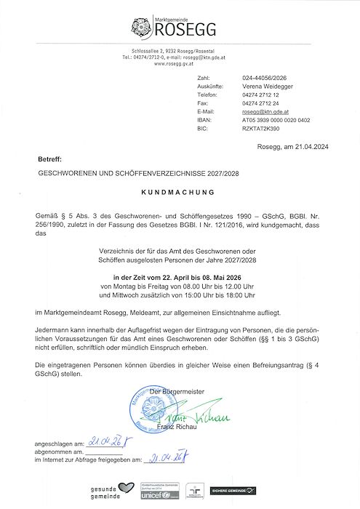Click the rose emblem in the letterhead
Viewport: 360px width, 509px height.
tap(141, 28)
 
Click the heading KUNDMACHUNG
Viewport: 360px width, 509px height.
tap(177, 193)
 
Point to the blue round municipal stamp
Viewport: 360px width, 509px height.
tap(150, 405)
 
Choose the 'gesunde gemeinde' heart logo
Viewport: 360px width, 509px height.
tap(113, 492)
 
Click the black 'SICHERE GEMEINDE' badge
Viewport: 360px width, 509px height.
tap(235, 492)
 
